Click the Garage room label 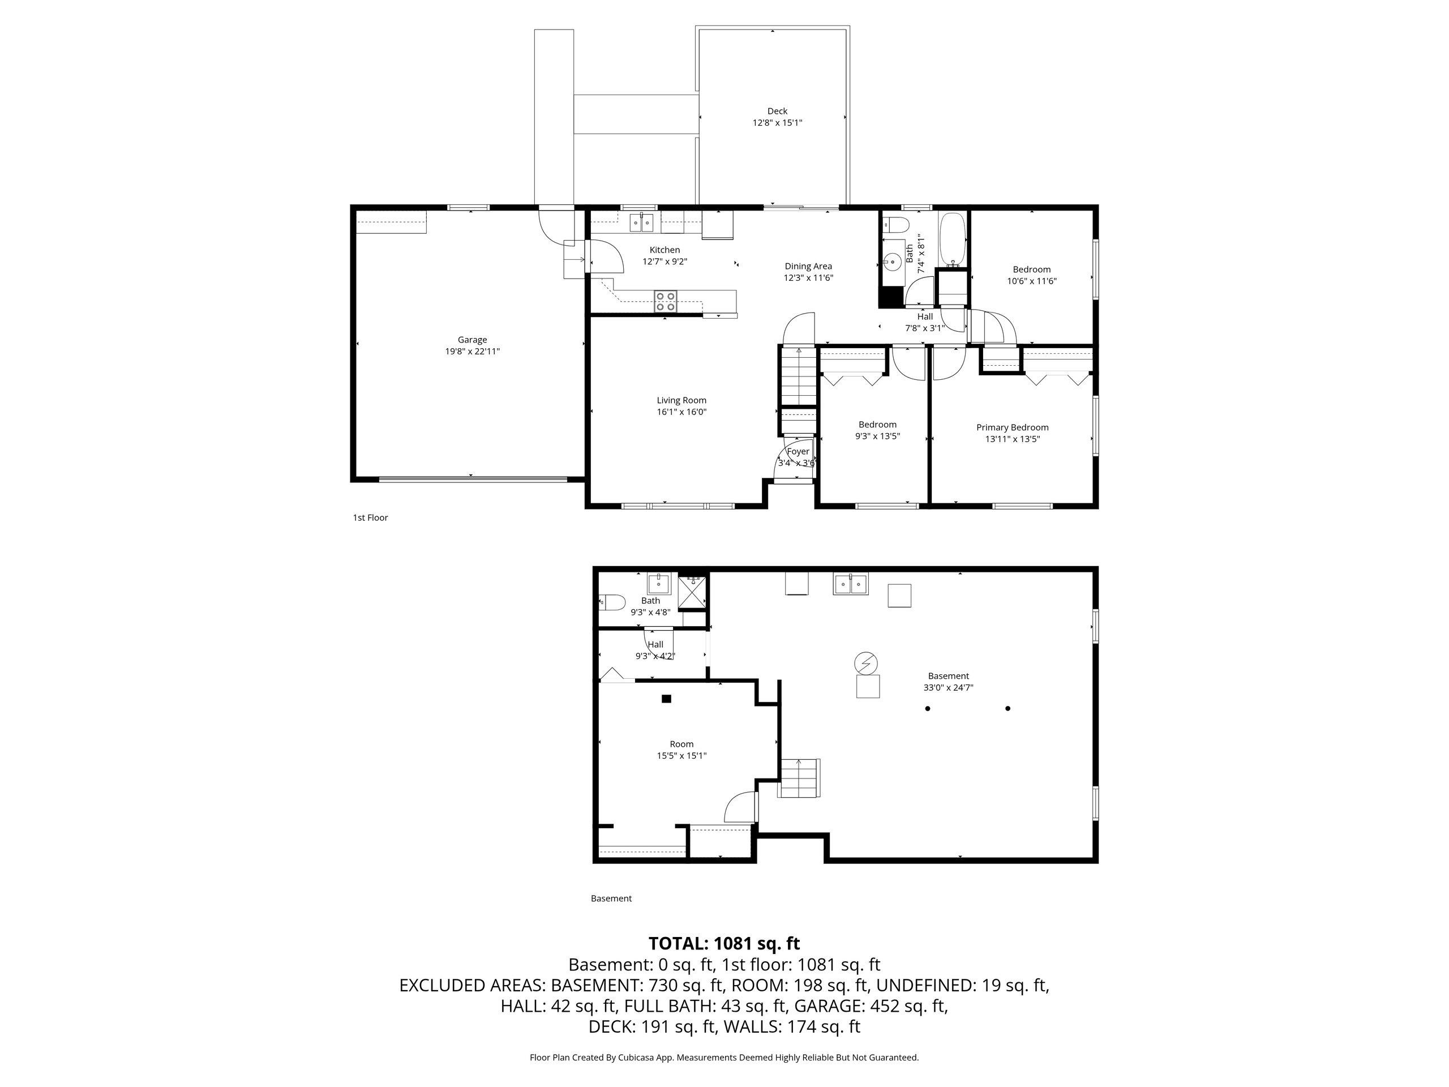coord(471,339)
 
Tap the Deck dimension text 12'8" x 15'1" coord(777,122)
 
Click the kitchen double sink coord(642,222)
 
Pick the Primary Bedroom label coord(1012,427)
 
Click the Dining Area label coord(808,266)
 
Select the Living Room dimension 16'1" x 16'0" coord(681,412)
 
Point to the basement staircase coord(799,778)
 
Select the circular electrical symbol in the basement coord(865,664)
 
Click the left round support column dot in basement coord(928,708)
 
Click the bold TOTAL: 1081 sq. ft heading coord(724,944)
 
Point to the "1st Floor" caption coord(370,517)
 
